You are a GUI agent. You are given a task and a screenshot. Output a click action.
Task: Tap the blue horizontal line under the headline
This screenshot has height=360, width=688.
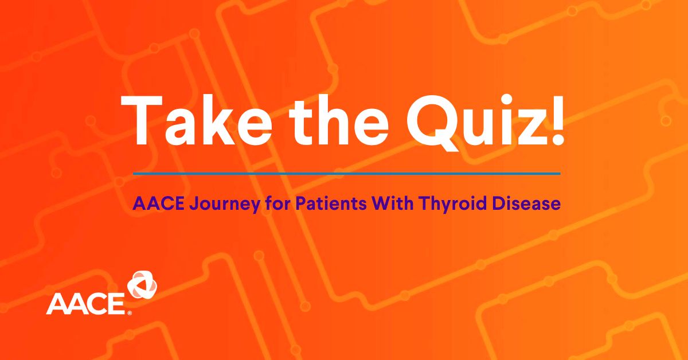346,173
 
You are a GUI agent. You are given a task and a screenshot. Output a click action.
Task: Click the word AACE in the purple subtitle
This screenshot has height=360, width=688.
152,204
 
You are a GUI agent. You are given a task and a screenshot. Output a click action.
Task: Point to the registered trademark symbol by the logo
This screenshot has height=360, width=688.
130,313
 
